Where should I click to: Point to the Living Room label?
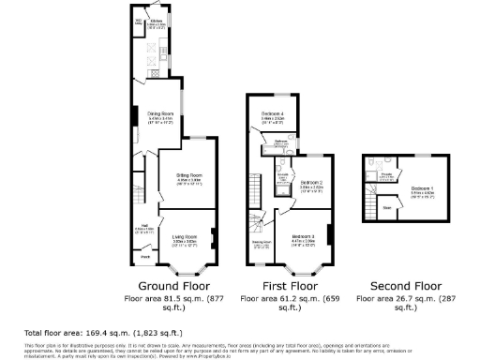point(184,237)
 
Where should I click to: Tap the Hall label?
point(146,225)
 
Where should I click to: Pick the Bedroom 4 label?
point(274,115)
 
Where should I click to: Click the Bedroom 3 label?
point(303,236)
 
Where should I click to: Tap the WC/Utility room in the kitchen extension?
point(139,21)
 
